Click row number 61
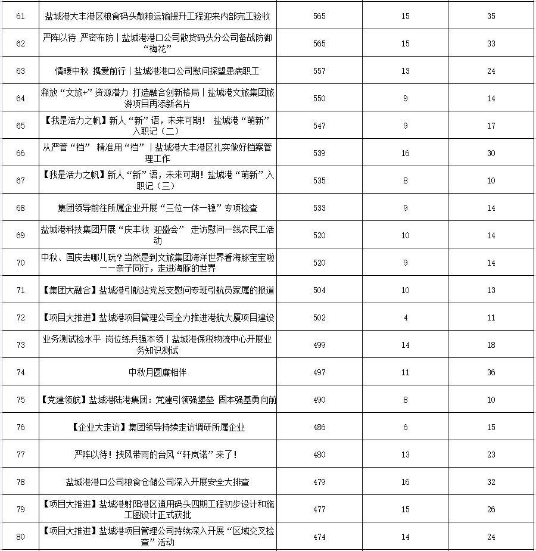coord(21,16)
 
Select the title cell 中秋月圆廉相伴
coord(158,372)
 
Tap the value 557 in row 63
coord(319,71)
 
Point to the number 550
coord(319,98)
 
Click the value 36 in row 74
coord(491,372)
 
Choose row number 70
coord(21,263)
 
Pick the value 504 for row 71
coord(319,290)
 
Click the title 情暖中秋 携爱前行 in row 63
coord(158,71)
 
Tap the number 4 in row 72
coord(406,317)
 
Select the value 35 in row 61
coord(491,16)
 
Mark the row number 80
coord(21,537)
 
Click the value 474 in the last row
coord(319,537)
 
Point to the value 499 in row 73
coord(319,345)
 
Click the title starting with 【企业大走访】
coord(158,427)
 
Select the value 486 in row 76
coord(319,427)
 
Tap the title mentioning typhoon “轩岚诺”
coord(158,455)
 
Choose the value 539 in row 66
coord(319,153)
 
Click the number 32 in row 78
coord(491,482)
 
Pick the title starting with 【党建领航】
coord(158,400)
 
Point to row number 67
coord(21,180)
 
